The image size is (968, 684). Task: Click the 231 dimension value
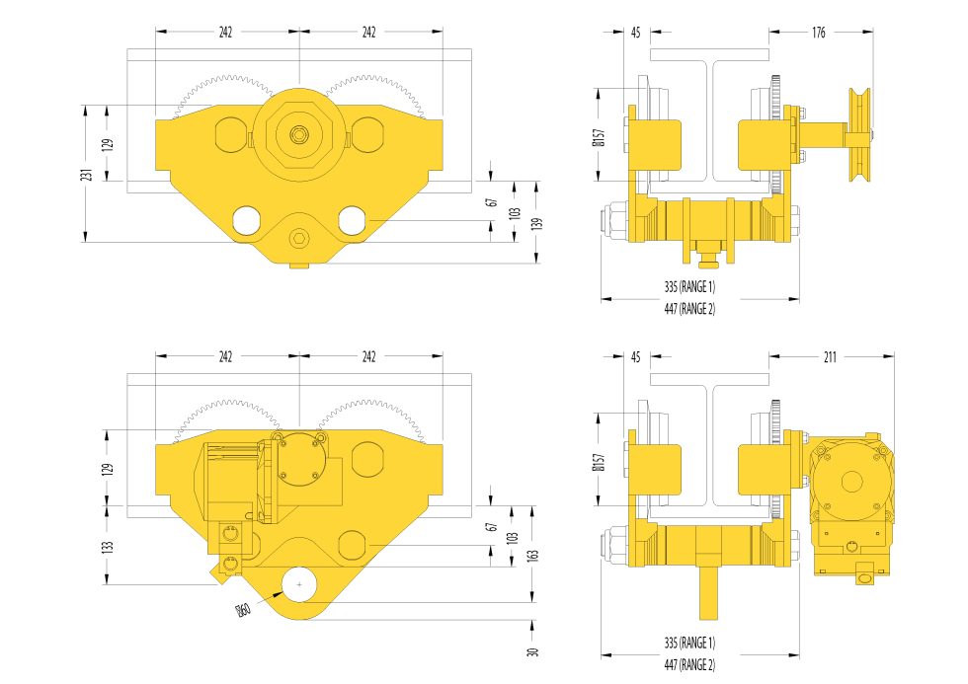pos(87,174)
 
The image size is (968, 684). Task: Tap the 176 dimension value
pos(819,33)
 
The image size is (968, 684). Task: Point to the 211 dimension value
pos(830,357)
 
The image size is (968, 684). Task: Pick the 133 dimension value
pos(108,546)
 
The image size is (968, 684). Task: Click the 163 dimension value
pos(534,555)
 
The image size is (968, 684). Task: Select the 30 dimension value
pos(533,651)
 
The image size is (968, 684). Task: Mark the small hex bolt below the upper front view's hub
pos(298,239)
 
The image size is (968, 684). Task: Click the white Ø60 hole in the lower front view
pos(298,586)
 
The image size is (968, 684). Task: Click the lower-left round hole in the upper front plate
pos(244,220)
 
